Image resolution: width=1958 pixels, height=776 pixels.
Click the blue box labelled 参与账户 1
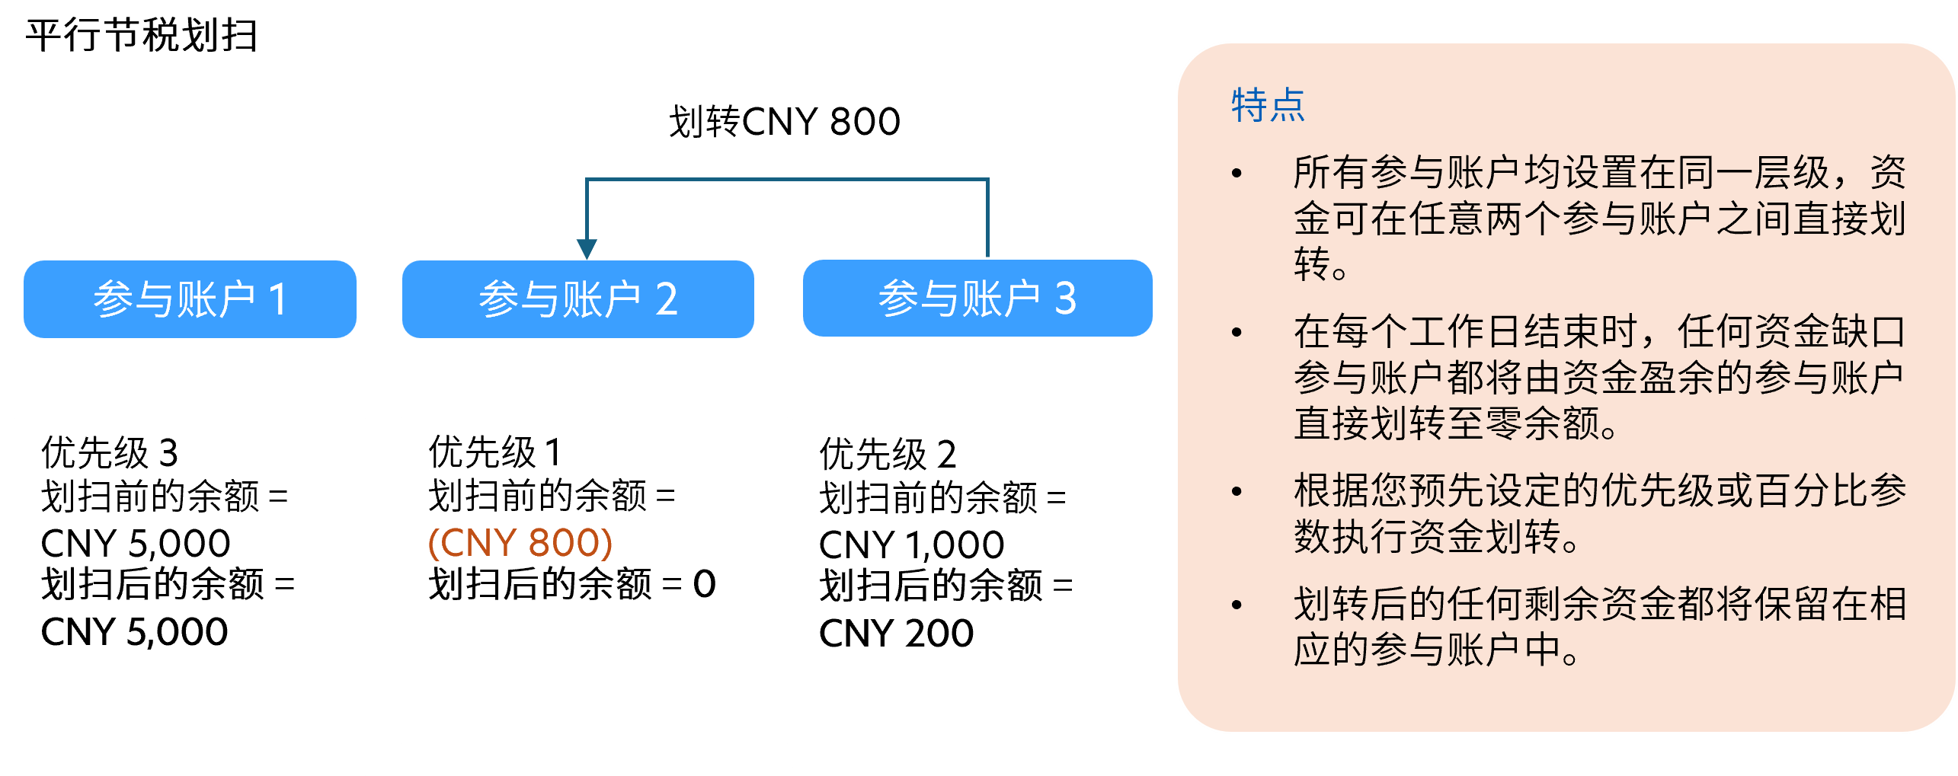pos(190,299)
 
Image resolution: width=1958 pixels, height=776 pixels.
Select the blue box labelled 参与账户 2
pos(577,299)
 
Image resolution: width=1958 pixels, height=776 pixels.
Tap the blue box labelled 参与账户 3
pos(977,298)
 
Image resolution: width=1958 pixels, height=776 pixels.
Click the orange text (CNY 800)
pos(520,543)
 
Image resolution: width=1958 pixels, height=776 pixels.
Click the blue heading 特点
pos(1268,105)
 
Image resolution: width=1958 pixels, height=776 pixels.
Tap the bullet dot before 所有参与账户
pos(1237,174)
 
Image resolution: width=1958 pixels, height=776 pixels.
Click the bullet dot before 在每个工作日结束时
pos(1237,332)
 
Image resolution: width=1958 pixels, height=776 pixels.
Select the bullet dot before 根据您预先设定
pos(1237,491)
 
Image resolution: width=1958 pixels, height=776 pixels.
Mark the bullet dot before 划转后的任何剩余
pos(1237,605)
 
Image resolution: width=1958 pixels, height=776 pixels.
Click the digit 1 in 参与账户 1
pos(278,299)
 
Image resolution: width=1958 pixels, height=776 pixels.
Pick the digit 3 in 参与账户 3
pos(1065,298)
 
